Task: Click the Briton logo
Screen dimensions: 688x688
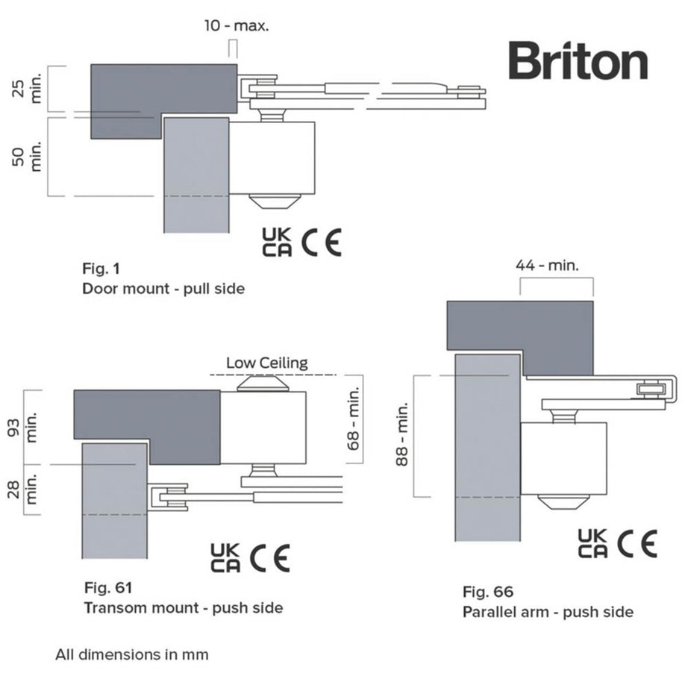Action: [x=578, y=61]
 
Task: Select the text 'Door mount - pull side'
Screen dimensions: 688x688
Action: [x=163, y=288]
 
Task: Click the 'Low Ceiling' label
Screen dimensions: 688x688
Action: [x=267, y=363]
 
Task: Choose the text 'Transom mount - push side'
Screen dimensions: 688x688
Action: [x=183, y=607]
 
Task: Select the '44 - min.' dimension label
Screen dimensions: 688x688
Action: [x=548, y=264]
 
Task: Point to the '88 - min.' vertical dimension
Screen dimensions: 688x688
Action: [x=401, y=435]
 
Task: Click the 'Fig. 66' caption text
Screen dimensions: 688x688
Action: [x=488, y=592]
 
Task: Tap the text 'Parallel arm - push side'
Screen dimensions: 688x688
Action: [x=548, y=612]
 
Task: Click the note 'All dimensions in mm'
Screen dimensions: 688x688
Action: [x=131, y=654]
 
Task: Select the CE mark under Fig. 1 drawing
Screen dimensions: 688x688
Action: [x=322, y=243]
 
